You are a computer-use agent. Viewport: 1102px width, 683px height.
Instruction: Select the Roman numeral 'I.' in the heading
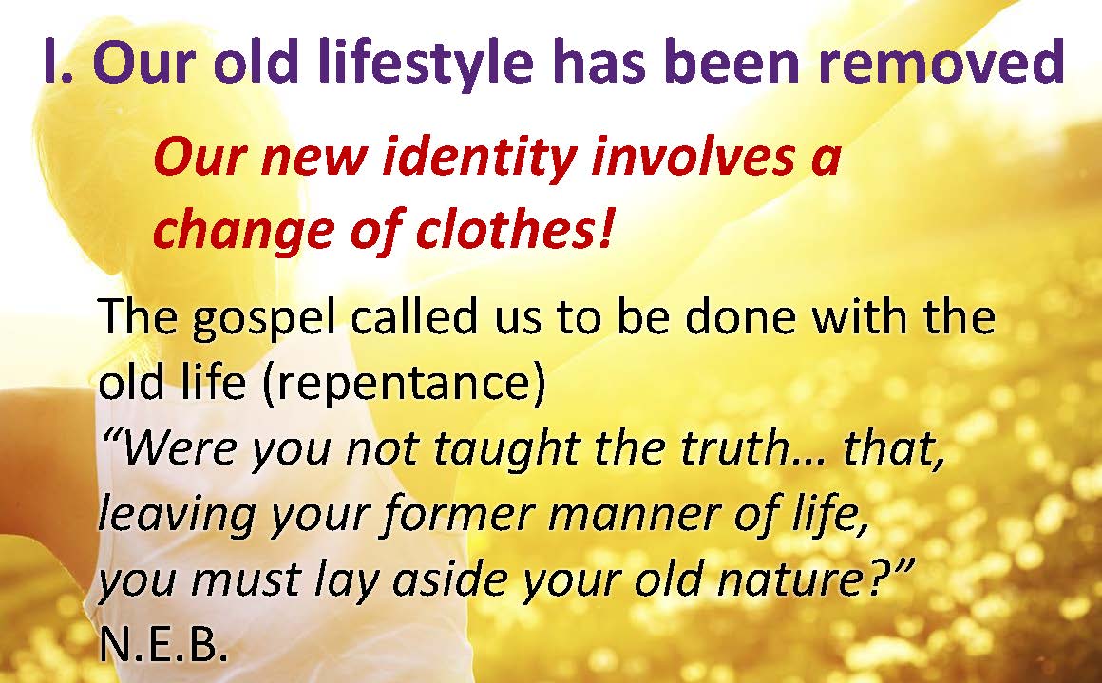(x=58, y=63)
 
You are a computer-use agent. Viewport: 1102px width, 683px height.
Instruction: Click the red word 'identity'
(x=480, y=158)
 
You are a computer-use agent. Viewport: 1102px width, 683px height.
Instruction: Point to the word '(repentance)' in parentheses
(x=404, y=384)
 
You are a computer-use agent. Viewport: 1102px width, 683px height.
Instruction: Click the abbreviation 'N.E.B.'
(x=163, y=644)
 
